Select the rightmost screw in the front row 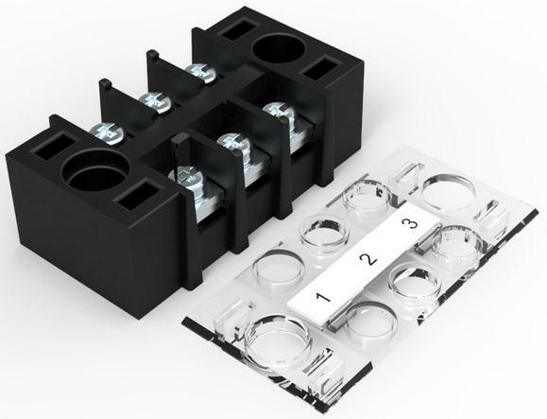point(276,111)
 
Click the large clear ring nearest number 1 point(278,335)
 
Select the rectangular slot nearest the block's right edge point(324,71)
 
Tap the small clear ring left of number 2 point(321,230)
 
